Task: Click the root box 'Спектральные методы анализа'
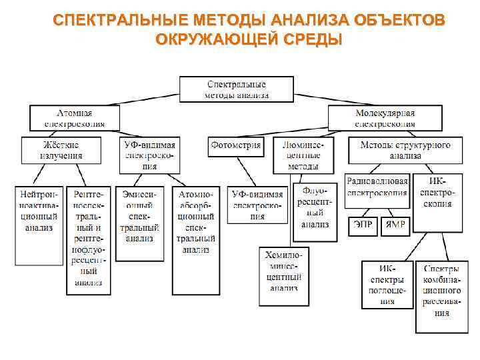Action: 236,89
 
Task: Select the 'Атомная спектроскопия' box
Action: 74,118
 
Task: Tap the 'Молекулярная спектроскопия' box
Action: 385,118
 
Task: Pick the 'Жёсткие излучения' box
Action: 61,150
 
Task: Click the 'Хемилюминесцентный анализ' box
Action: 283,276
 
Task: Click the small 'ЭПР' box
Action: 363,225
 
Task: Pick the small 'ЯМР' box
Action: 396,225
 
